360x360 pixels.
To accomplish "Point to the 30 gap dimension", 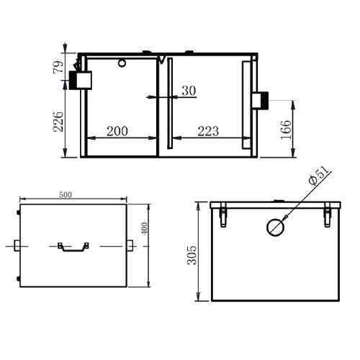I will point(189,90).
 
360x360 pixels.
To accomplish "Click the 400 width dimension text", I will point(144,228).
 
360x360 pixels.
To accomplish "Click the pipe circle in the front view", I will point(275,228).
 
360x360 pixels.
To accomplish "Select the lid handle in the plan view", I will point(73,246).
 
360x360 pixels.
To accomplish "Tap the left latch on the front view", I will point(222,215).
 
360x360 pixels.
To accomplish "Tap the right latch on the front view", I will point(328,215).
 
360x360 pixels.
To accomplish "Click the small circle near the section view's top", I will point(122,63).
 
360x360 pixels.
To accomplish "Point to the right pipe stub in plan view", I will point(130,246).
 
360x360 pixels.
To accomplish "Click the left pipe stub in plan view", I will point(17,246).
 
